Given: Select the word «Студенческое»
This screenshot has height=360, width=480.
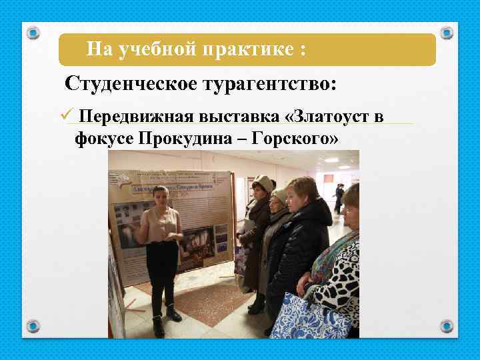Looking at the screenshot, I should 128,85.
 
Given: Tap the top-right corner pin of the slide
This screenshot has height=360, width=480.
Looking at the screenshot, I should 447,33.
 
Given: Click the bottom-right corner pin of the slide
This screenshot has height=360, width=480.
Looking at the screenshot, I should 447,326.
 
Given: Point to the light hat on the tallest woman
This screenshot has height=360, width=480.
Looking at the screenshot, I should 264,183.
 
